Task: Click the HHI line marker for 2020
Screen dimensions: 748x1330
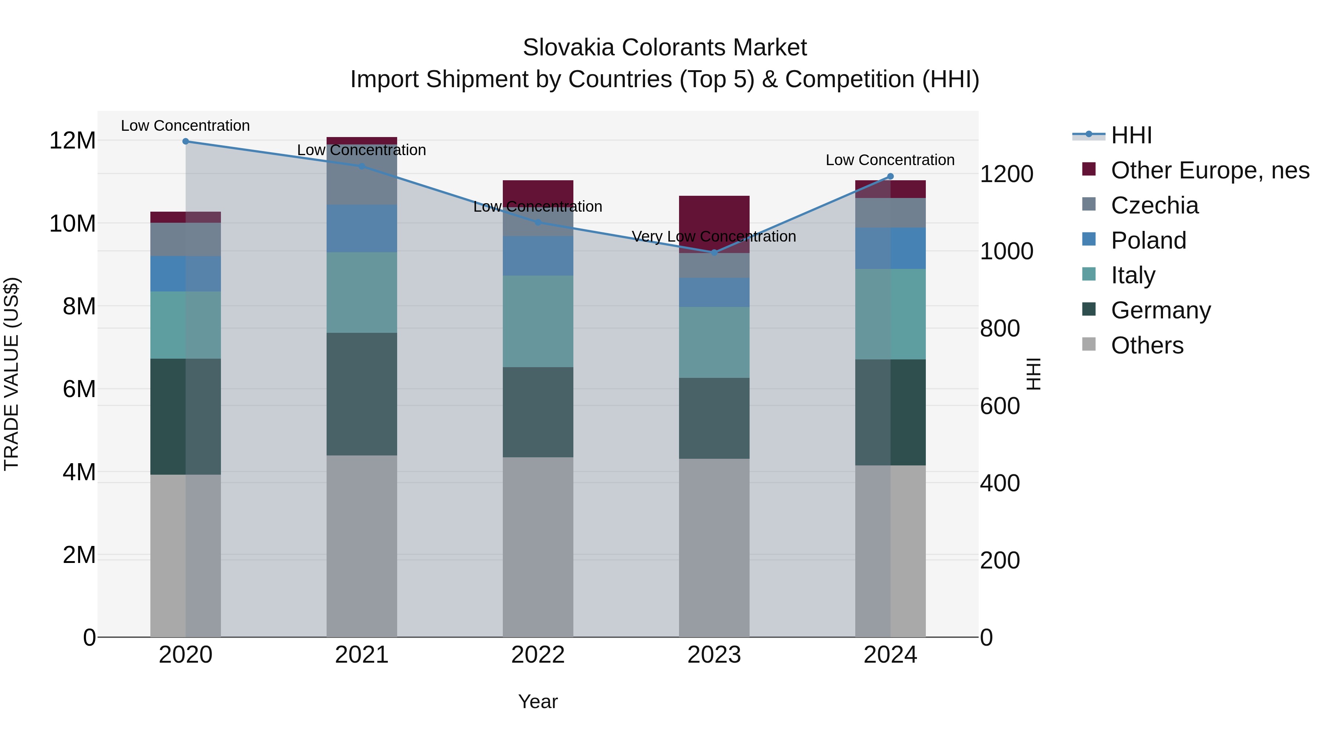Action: pos(185,141)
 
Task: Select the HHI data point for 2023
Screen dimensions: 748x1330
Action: pos(714,252)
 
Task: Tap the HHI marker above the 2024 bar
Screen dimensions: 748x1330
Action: pos(890,177)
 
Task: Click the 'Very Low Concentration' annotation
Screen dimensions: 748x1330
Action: pos(714,236)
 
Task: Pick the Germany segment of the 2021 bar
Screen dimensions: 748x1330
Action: pos(361,394)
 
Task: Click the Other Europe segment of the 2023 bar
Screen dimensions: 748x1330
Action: pos(714,224)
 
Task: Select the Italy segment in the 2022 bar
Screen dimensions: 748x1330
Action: pos(538,321)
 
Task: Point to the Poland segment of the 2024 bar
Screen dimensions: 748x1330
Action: pos(890,248)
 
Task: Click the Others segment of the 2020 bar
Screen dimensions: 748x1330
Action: pos(185,556)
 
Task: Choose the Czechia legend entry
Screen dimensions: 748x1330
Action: pos(1155,205)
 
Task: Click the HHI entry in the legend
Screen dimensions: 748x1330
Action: pos(1131,135)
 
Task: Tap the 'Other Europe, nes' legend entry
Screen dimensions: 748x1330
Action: pos(1210,170)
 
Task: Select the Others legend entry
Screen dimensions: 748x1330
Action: pos(1147,345)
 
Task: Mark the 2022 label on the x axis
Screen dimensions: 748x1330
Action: pos(538,655)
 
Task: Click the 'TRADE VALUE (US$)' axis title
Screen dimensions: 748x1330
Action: pos(11,374)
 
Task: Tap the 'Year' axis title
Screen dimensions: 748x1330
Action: pos(538,701)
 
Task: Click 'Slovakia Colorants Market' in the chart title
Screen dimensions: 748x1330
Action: pos(665,48)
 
